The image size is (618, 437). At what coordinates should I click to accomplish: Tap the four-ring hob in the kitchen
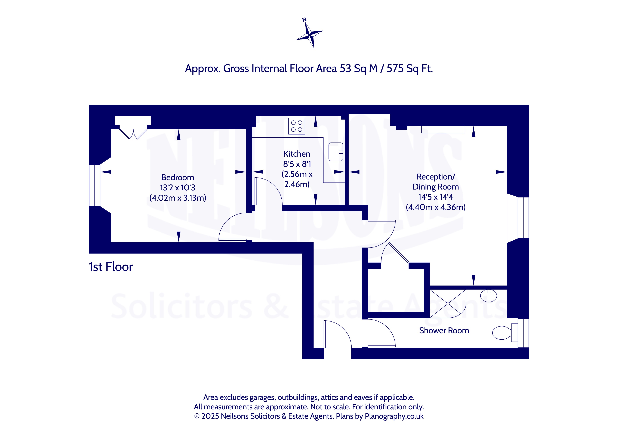tap(297, 126)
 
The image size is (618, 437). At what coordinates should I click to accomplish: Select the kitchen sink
tap(336, 152)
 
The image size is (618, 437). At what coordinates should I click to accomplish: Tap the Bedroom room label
tap(178, 178)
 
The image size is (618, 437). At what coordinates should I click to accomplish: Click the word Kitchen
tap(297, 154)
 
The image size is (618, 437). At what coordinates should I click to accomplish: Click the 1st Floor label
tap(111, 267)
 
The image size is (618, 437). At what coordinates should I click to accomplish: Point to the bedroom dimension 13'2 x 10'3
tap(178, 188)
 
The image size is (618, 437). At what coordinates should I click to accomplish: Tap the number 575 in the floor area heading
tap(395, 69)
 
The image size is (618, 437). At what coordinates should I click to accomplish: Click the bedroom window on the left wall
tap(95, 185)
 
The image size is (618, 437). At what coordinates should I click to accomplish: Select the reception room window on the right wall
tap(523, 218)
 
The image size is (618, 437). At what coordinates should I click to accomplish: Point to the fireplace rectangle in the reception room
tap(443, 129)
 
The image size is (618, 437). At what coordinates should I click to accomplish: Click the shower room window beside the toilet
tap(523, 333)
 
